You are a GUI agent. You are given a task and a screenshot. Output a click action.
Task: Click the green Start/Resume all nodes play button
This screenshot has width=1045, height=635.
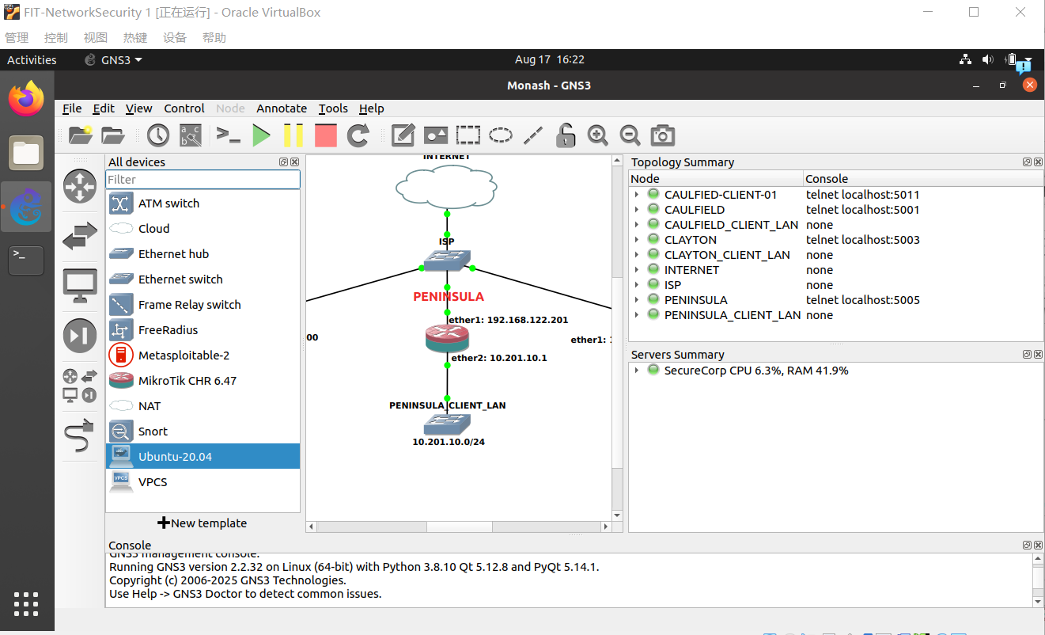pyautogui.click(x=261, y=135)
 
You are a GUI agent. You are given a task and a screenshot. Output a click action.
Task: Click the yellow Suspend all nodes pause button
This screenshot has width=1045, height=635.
pyautogui.click(x=293, y=135)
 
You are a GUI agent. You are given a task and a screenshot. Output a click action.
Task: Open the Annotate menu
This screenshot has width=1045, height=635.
pyautogui.click(x=282, y=108)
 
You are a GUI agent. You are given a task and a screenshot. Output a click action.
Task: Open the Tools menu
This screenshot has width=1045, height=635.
pyautogui.click(x=333, y=108)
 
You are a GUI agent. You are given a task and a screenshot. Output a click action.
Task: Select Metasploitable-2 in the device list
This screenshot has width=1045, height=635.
pyautogui.click(x=184, y=356)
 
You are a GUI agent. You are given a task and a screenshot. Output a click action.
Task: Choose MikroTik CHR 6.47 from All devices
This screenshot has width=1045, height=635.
pyautogui.click(x=187, y=381)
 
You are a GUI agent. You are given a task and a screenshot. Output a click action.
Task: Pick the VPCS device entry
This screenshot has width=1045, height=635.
pyautogui.click(x=153, y=482)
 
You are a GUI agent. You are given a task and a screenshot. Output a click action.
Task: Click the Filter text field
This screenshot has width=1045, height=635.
pyautogui.click(x=203, y=180)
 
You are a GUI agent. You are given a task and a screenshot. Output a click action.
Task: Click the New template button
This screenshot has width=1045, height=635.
pyautogui.click(x=203, y=523)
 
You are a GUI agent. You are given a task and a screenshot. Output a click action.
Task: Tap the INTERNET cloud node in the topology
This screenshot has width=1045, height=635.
pyautogui.click(x=446, y=188)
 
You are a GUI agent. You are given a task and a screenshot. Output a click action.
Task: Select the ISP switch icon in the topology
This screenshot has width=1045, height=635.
pyautogui.click(x=447, y=260)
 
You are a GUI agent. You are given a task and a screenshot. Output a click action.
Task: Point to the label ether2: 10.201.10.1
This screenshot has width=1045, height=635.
pyautogui.click(x=498, y=358)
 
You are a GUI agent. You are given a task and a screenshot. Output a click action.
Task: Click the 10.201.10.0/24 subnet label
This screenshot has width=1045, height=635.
pyautogui.click(x=449, y=442)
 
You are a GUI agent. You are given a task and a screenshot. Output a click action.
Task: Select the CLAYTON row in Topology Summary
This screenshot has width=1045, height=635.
pyautogui.click(x=690, y=240)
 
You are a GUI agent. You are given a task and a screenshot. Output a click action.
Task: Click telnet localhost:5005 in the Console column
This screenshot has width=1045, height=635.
pyautogui.click(x=862, y=300)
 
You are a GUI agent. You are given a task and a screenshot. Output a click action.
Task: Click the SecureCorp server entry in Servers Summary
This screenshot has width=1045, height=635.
pyautogui.click(x=755, y=371)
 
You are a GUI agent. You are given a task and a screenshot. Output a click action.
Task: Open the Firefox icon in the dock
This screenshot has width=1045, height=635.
pyautogui.click(x=26, y=99)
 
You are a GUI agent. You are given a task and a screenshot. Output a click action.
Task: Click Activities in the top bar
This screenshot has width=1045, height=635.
pyautogui.click(x=32, y=60)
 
